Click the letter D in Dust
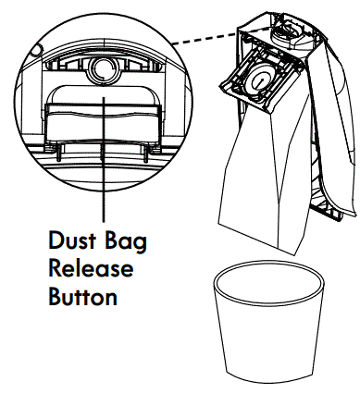[x=56, y=242]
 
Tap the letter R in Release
[x=55, y=271]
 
